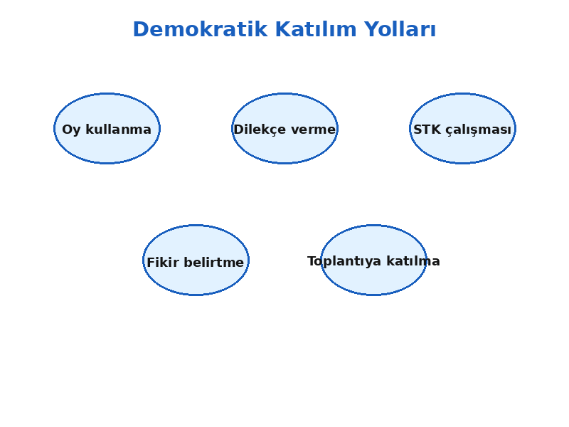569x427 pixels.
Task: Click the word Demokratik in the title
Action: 201,29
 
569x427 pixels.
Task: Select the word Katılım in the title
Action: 316,29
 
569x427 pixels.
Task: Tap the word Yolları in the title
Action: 400,29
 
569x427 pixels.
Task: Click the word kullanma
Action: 118,130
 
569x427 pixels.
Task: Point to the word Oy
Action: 71,130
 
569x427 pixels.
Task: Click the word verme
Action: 314,130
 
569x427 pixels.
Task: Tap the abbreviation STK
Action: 427,130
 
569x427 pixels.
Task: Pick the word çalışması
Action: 478,130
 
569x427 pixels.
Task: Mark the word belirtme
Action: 214,262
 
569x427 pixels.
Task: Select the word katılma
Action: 413,261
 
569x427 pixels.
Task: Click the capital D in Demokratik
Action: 140,29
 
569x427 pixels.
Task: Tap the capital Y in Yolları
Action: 371,29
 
